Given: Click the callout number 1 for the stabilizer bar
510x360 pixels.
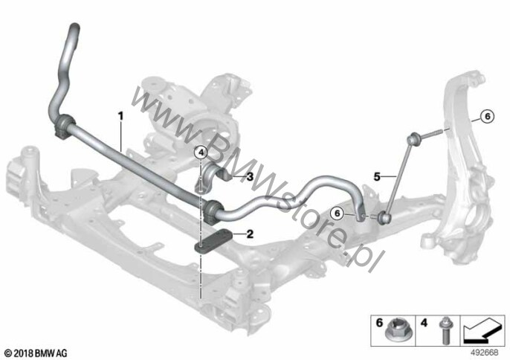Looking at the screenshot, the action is point(120,115).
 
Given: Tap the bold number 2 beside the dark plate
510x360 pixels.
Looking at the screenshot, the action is point(250,234).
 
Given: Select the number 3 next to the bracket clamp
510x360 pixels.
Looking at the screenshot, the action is point(250,177).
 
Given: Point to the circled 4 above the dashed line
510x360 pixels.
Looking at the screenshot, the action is point(201,152).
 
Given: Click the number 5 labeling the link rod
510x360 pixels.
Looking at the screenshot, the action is point(377,177).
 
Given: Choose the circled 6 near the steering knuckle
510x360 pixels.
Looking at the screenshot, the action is point(487,116).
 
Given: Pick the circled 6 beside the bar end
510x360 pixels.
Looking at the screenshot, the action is point(337,213).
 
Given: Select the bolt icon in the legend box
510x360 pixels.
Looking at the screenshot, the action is point(445,330).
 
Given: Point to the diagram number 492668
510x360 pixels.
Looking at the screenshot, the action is point(485,353).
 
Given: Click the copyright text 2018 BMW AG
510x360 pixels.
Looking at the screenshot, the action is point(36,353).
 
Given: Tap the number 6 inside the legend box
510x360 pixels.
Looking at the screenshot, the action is point(379,324).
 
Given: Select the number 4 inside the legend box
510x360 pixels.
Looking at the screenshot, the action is point(424,324).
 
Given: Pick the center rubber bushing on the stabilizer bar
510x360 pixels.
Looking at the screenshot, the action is point(213,211).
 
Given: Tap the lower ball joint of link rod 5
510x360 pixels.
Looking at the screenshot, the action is point(385,217).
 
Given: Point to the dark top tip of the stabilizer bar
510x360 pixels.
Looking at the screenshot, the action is point(74,28).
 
